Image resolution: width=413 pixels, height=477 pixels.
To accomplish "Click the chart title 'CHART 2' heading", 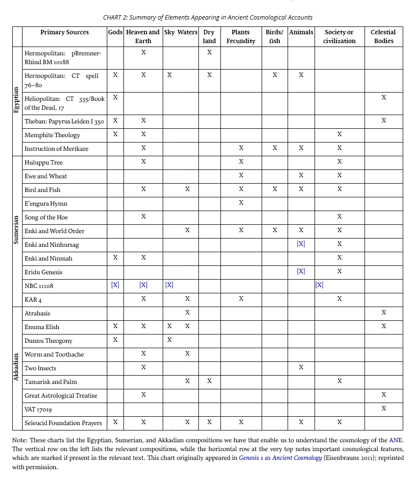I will tap(207, 17).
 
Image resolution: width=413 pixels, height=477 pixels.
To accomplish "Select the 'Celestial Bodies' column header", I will tap(383, 36).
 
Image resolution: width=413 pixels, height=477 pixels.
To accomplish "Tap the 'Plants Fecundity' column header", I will tap(241, 36).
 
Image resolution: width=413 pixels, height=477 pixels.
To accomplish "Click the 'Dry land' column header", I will tap(209, 36).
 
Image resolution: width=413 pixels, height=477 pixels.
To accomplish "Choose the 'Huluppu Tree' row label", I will tap(44, 162).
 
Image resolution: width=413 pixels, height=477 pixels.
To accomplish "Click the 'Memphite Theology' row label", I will tap(52, 135).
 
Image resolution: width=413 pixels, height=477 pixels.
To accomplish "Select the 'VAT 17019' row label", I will tap(38, 409).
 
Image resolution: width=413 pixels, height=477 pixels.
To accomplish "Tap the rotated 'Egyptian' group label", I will tap(16, 101).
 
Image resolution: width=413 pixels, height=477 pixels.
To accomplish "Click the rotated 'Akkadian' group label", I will tap(16, 367).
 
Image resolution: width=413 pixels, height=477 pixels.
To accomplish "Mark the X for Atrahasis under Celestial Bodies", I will tap(384, 312).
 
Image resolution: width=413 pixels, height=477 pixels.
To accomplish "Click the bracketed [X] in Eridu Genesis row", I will tap(301, 271).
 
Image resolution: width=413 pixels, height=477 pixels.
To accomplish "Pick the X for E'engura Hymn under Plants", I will tap(241, 203).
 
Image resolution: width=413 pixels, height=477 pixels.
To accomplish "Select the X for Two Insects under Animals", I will tap(301, 367).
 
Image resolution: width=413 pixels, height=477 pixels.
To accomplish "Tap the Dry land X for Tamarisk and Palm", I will tap(209, 381).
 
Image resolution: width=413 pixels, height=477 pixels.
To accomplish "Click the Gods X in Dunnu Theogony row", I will tap(115, 340).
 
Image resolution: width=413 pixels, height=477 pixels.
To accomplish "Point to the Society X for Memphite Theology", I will tap(340, 134).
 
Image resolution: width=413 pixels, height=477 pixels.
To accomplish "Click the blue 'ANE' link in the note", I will tap(396, 440).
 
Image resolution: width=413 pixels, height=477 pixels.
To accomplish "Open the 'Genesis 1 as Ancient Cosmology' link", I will tap(281, 458).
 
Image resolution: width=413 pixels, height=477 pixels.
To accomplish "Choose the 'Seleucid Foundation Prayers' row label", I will tap(63, 423).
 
